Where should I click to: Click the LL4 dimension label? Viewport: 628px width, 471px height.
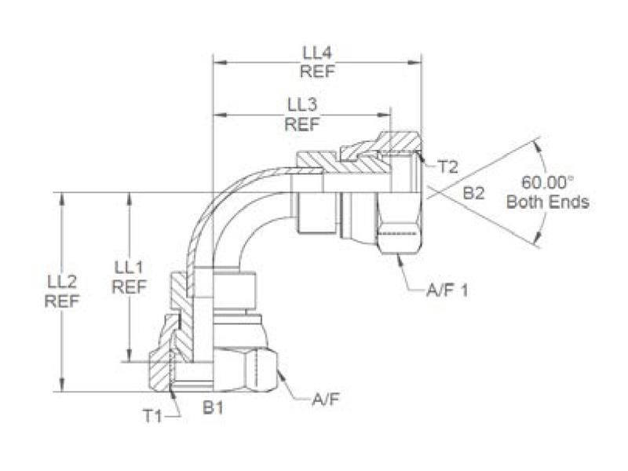click(x=318, y=53)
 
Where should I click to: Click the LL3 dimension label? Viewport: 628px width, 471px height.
click(x=301, y=104)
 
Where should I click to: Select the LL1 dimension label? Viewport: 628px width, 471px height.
click(x=129, y=268)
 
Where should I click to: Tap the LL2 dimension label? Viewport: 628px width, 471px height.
click(x=62, y=281)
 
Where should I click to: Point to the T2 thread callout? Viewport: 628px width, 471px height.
click(x=447, y=166)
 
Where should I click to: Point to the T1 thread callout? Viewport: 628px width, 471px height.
click(x=152, y=416)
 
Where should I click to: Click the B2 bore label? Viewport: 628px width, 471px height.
click(x=473, y=193)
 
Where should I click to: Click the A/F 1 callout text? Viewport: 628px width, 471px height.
click(x=447, y=290)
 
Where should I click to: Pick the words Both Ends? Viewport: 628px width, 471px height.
click(x=547, y=203)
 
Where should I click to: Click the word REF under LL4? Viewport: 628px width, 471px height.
click(x=318, y=72)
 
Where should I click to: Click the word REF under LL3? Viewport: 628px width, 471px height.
click(x=301, y=124)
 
